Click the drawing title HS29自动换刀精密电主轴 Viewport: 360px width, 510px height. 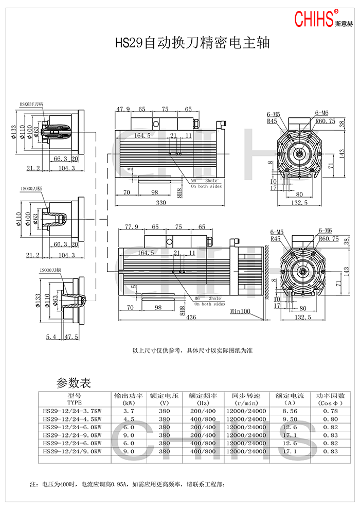192,42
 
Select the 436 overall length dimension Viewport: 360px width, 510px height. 191,318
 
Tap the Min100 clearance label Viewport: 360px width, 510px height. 240,311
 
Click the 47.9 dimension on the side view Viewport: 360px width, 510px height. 123,109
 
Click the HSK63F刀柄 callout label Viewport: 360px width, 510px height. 32,104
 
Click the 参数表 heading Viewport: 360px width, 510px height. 74,383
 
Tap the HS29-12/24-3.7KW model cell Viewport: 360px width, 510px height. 73,411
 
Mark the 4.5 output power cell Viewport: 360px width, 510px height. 129,419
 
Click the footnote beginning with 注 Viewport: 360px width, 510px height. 128,484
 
